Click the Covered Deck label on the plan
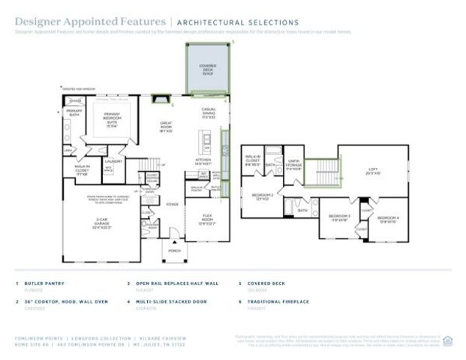click(208, 68)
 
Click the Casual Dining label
click(209, 115)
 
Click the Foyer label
click(172, 202)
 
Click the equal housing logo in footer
click(447, 339)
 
